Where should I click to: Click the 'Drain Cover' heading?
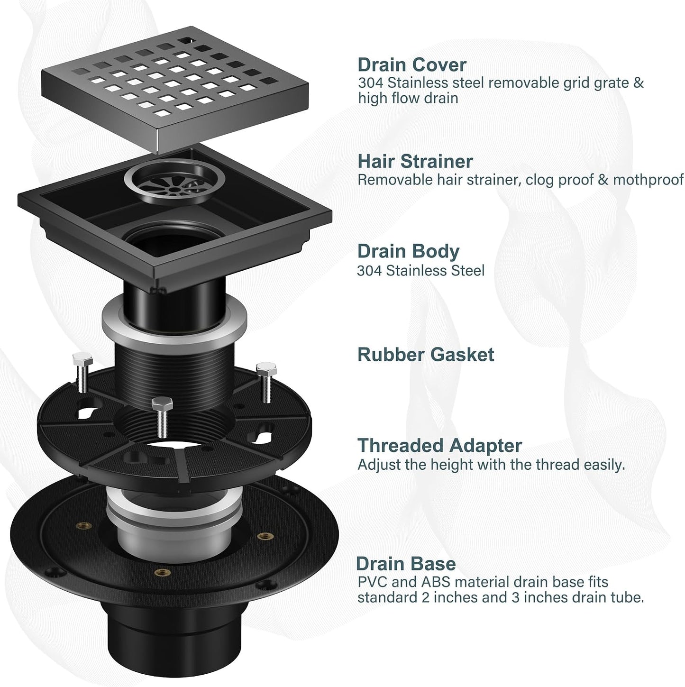coord(412,65)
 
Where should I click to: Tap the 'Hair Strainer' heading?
coord(415,161)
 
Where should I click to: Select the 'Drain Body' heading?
coord(408,252)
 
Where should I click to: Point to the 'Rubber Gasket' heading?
coord(426,354)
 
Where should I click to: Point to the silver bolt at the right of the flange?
coord(266,381)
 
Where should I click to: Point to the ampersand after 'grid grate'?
coord(639,83)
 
